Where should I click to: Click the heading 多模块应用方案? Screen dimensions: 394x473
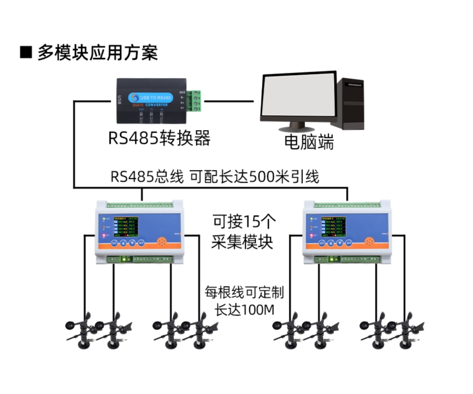pyautogui.click(x=97, y=53)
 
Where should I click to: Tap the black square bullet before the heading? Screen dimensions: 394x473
pyautogui.click(x=26, y=53)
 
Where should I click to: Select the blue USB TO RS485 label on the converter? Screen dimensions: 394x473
pyautogui.click(x=152, y=98)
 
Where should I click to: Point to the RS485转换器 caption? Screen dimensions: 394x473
pyautogui.click(x=159, y=138)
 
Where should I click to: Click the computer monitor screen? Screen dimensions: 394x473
pyautogui.click(x=298, y=97)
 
